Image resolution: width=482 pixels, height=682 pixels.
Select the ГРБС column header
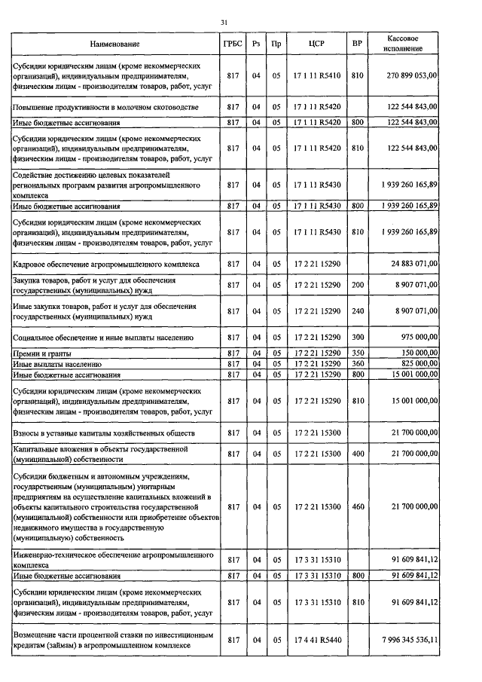(x=233, y=44)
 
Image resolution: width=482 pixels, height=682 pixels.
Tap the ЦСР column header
(x=316, y=44)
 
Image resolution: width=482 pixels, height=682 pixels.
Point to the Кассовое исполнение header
(x=403, y=44)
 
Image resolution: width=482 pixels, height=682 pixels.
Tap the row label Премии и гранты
(x=40, y=353)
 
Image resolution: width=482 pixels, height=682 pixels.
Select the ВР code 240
(x=357, y=310)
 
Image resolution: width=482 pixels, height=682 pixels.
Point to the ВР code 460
(x=357, y=507)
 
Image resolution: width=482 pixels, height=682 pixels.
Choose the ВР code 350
(x=357, y=353)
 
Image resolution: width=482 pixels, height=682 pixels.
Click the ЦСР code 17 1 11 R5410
(x=316, y=75)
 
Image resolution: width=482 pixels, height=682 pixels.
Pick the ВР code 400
(x=357, y=454)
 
